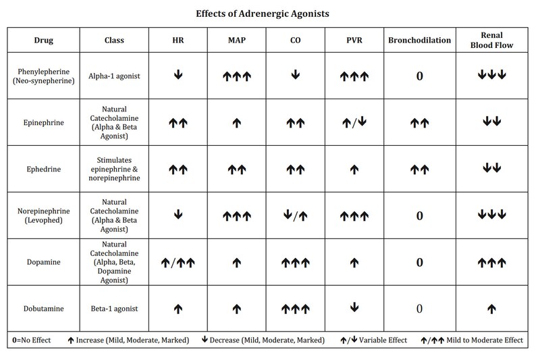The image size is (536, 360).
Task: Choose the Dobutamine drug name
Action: point(38,309)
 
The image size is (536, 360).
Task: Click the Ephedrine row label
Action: point(38,169)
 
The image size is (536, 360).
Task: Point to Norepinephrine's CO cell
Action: point(295,216)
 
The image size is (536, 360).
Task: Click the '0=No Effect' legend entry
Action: point(32,341)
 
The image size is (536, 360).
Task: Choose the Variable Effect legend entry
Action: point(375,341)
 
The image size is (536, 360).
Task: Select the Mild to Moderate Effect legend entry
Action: point(473,341)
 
